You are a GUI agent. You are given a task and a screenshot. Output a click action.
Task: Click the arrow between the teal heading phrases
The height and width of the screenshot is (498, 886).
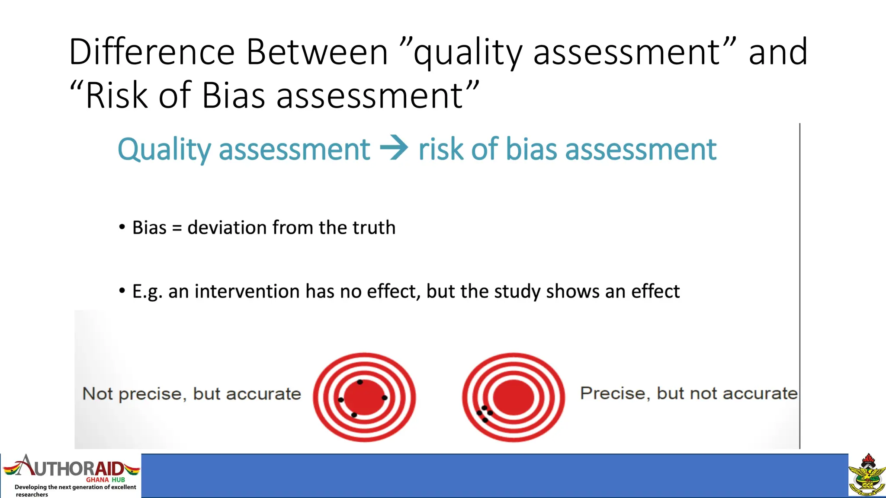(394, 148)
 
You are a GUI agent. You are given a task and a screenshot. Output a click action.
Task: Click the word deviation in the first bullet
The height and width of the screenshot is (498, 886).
(226, 227)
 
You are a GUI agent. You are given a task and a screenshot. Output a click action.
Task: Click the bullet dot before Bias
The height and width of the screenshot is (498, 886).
(122, 227)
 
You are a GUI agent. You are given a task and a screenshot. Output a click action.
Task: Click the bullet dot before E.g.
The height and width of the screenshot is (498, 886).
(122, 290)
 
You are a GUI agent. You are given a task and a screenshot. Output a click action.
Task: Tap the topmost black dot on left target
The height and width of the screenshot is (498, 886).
(360, 382)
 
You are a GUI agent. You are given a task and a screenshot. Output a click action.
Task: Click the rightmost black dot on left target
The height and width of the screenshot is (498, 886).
(385, 397)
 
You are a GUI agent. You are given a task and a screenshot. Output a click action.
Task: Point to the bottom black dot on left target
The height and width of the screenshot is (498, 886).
(354, 415)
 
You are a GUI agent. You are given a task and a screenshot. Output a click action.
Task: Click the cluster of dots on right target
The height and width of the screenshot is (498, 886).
(485, 414)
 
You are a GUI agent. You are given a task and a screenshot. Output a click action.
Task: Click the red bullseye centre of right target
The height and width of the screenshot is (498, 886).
(514, 397)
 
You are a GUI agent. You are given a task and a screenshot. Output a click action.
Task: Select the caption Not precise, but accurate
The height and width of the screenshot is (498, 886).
(191, 394)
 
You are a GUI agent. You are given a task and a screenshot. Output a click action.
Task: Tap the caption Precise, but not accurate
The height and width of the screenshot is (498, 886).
(688, 393)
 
